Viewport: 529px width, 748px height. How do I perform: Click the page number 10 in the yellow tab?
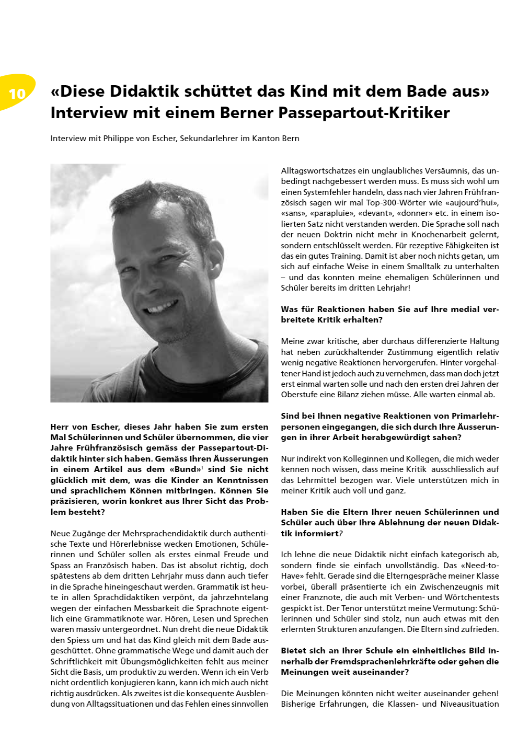(x=17, y=94)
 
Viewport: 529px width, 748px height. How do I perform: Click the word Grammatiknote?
(x=108, y=619)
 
